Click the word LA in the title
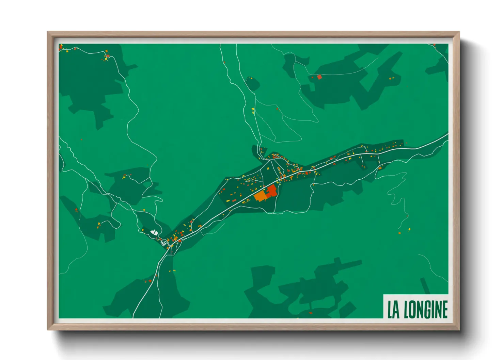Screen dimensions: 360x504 (x=393, y=309)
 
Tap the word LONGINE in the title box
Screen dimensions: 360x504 (x=426, y=309)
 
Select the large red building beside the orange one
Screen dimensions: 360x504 (x=271, y=191)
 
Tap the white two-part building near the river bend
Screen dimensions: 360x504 (x=154, y=232)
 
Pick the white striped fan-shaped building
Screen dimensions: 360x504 (x=164, y=243)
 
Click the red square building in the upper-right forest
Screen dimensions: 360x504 (x=319, y=77)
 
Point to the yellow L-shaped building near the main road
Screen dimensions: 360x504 (x=278, y=182)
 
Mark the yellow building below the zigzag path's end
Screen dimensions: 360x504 (x=409, y=229)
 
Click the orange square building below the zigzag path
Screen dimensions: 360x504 (x=400, y=233)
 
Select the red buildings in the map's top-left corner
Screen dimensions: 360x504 (x=61, y=47)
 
